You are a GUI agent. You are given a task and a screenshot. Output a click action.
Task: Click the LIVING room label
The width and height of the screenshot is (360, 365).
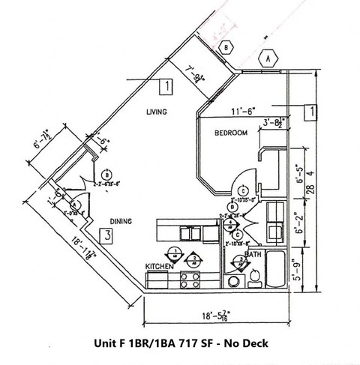tap(155, 112)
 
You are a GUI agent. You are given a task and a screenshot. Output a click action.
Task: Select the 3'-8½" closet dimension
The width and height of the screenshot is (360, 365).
tap(271, 124)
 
